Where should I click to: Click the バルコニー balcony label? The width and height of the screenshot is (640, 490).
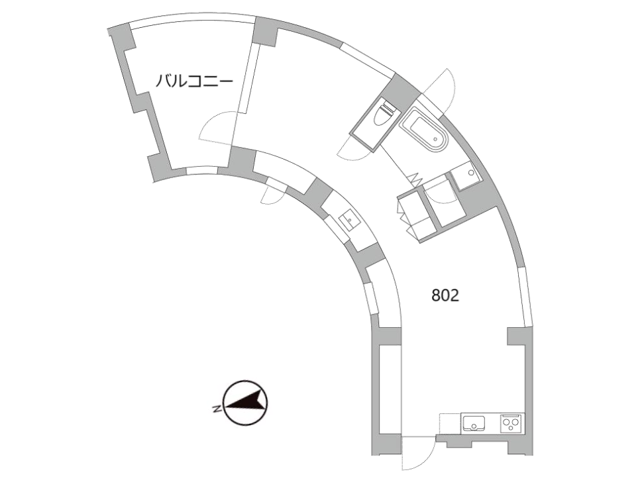pos(194,82)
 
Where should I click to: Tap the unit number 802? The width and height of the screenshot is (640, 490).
pos(445,295)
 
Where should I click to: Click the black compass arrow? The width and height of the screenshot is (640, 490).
pos(244,401)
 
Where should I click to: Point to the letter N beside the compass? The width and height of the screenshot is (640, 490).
pos(217,409)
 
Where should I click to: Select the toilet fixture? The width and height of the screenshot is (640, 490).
pos(384,115)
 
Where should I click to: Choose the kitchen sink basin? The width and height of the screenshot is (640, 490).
pos(474,422)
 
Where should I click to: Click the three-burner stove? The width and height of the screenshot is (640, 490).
pos(511,423)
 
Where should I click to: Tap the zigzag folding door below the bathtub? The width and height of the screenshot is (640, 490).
pos(415,179)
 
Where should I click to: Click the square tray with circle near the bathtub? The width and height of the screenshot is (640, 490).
pos(467,175)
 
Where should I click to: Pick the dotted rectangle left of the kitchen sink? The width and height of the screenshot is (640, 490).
pos(451,424)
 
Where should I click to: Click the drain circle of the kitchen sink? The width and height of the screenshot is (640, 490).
pos(474,426)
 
